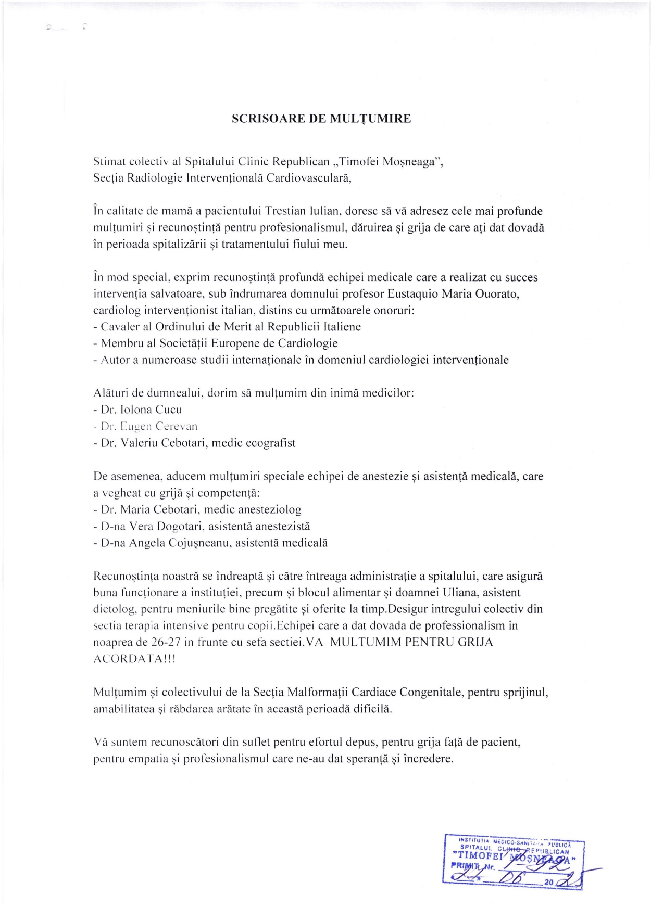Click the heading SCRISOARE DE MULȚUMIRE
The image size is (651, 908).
coord(321,119)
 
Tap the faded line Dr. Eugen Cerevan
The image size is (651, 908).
coord(149,427)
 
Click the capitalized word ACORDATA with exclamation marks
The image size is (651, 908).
coord(134,659)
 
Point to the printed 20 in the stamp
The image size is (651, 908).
coord(548,883)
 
